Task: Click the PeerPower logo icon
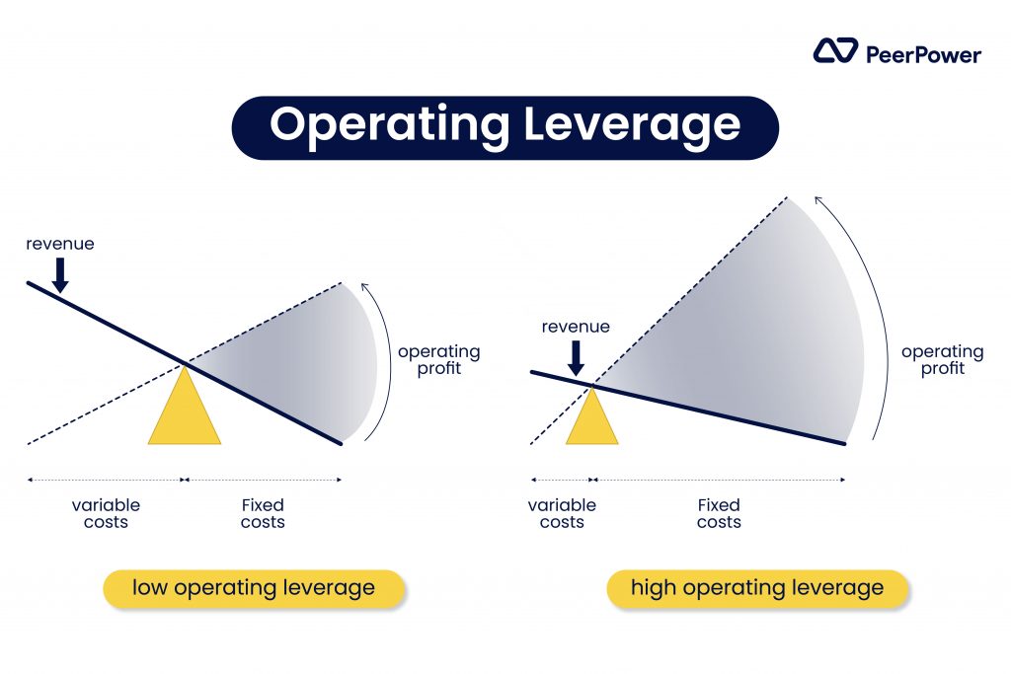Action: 835,51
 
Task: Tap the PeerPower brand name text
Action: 923,55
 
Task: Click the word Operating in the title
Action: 390,125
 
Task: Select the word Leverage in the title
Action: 632,125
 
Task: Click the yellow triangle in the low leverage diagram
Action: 185,412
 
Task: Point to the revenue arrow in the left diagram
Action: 60,275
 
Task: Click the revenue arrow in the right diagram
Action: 576,357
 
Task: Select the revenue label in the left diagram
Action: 60,244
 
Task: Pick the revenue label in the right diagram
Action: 576,327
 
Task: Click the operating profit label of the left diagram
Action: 439,360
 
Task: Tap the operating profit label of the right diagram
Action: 943,360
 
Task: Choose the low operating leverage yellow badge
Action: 254,588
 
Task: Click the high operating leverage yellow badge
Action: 757,588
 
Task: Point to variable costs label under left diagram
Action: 106,513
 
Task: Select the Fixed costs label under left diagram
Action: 263,513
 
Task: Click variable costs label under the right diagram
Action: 562,513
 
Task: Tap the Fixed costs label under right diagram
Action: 719,513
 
